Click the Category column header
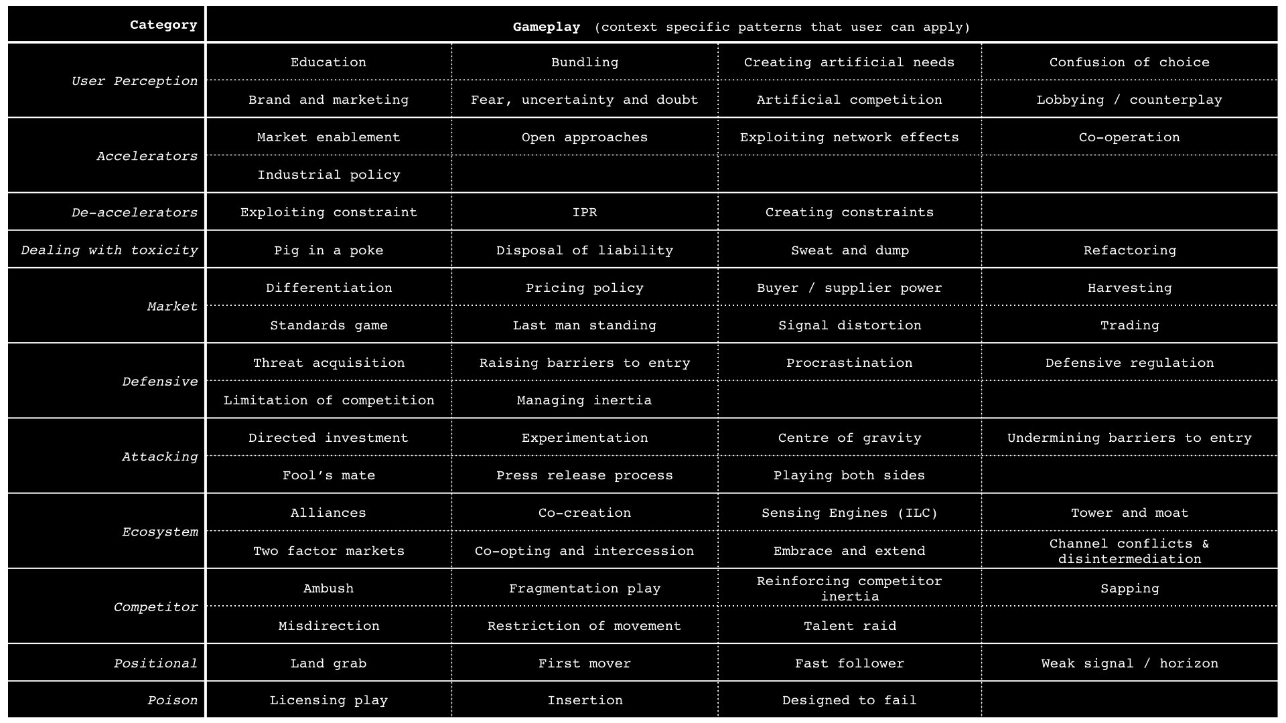coord(163,25)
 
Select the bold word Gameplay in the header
coord(547,27)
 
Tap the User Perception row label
coord(135,81)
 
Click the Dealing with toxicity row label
coord(109,250)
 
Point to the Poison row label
coord(172,700)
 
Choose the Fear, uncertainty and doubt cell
coord(584,100)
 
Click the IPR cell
coord(584,212)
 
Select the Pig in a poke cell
coord(328,250)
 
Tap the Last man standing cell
coord(584,325)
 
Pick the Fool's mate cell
coord(328,475)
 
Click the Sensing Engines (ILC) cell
coord(849,513)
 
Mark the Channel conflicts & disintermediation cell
coord(1129,551)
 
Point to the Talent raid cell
coord(849,626)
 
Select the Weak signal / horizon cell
coord(1129,663)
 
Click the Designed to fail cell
coord(849,700)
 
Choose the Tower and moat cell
coord(1129,513)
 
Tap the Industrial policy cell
coord(328,175)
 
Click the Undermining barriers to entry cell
coord(1129,438)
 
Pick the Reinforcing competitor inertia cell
coord(849,588)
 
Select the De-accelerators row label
coord(135,212)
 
